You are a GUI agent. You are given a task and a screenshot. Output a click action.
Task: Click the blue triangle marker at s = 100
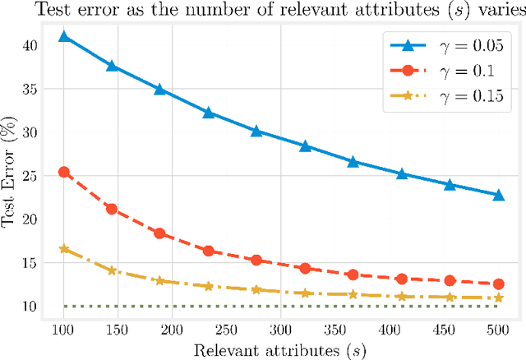click(x=63, y=37)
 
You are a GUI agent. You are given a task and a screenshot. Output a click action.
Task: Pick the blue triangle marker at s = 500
click(x=498, y=195)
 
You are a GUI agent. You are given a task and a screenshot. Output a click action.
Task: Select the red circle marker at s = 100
click(x=63, y=172)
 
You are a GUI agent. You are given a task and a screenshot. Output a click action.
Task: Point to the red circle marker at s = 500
click(x=498, y=284)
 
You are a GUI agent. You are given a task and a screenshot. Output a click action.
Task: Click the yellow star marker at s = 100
click(x=63, y=248)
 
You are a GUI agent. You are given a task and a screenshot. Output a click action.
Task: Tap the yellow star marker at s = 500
click(x=498, y=298)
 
